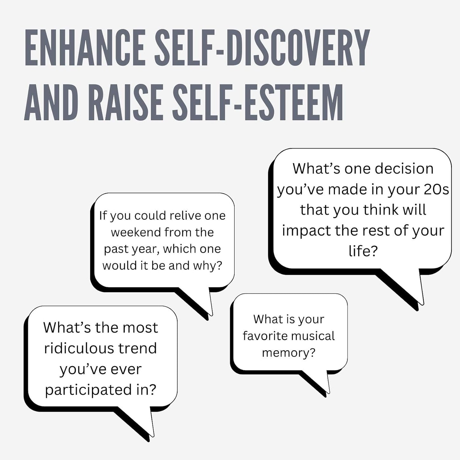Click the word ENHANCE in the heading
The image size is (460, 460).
85,47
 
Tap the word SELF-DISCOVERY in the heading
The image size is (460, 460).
262,47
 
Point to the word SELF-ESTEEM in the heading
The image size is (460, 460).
258,102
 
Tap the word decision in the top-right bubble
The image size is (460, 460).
404,169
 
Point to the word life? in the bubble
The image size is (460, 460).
363,251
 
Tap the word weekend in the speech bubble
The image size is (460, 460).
136,232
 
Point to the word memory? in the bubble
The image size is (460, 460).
289,353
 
